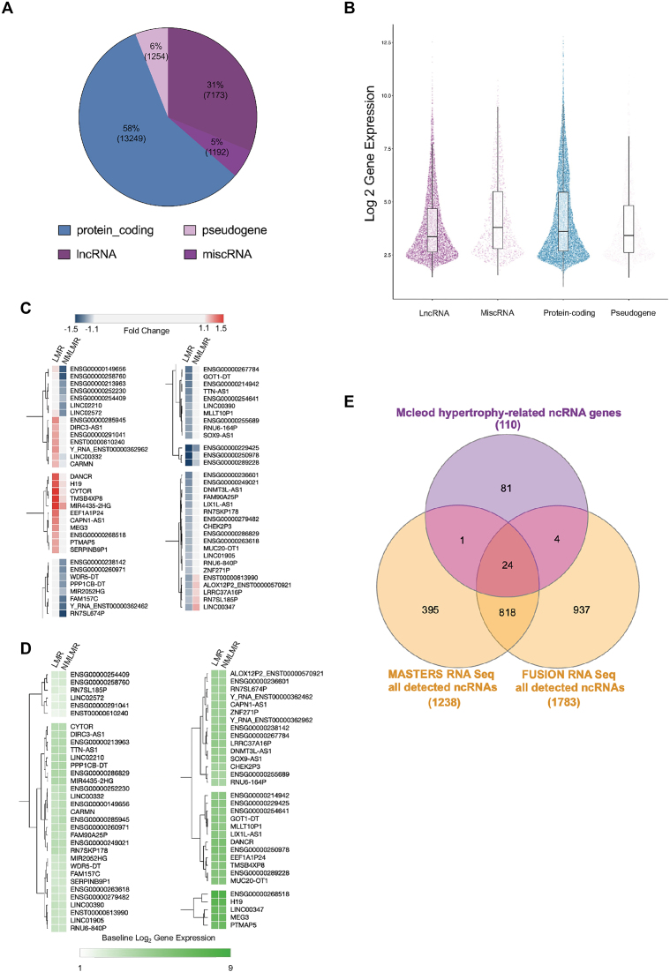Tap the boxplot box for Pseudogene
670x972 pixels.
click(628, 229)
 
